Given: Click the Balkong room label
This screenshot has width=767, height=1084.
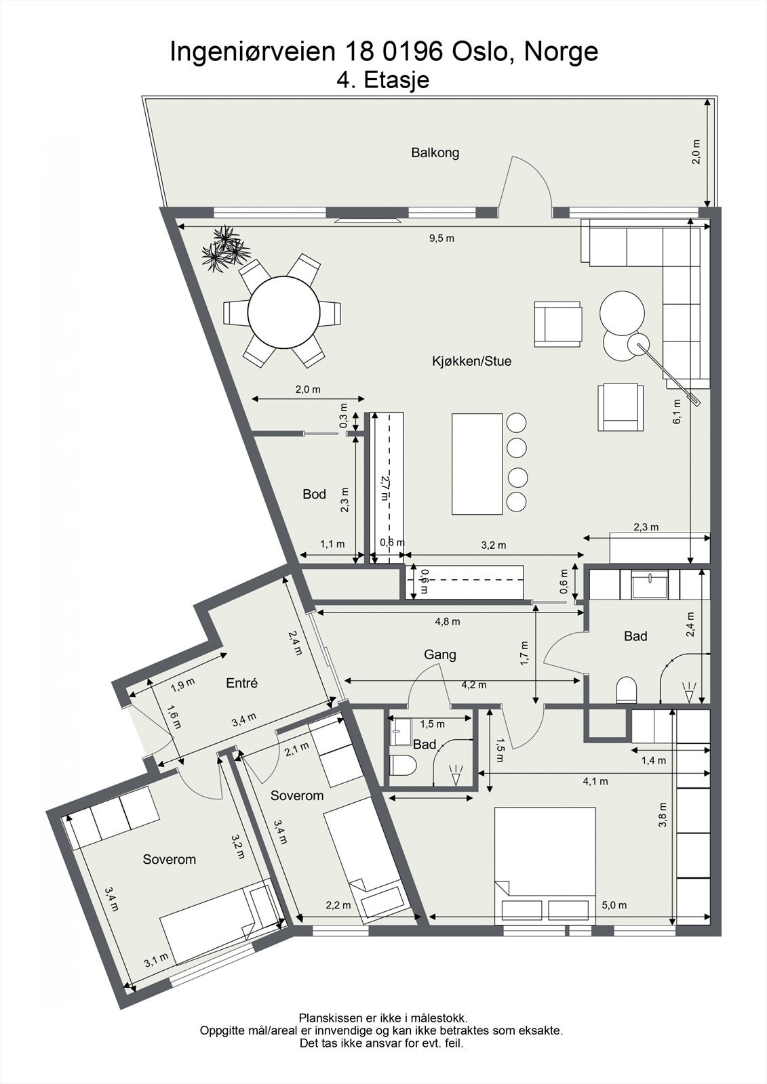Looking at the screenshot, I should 435,152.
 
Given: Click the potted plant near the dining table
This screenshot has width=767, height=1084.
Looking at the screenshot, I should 222,249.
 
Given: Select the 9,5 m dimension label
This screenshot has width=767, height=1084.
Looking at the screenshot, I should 441,238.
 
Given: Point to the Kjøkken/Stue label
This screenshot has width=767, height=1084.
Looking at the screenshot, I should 471,361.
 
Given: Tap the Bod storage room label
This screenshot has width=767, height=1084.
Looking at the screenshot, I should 314,494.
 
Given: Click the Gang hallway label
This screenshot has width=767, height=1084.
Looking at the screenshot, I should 439,654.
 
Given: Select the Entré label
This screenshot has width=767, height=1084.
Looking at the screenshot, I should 241,683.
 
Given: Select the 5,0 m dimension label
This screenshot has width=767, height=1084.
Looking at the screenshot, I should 614,905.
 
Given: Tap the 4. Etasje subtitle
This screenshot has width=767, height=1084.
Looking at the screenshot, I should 382,81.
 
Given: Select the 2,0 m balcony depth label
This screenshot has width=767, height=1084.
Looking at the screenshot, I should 696,152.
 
